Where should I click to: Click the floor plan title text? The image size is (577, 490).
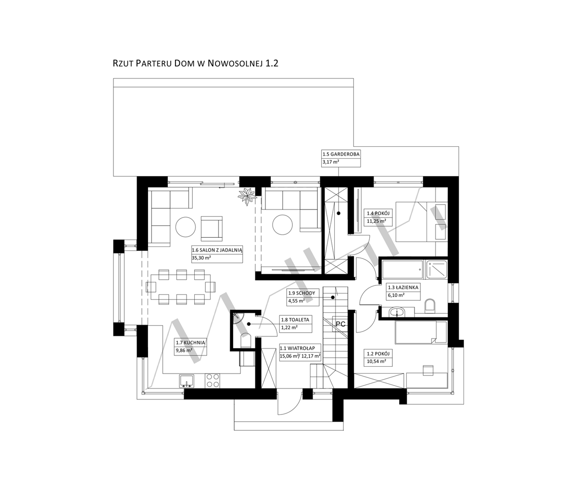click(x=195, y=64)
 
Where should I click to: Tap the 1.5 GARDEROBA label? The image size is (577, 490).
click(x=341, y=154)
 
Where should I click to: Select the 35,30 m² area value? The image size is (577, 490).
click(x=201, y=258)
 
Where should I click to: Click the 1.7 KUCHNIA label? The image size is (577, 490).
click(x=190, y=342)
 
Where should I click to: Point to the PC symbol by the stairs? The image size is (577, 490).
click(x=340, y=324)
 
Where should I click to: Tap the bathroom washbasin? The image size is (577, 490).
click(x=398, y=312)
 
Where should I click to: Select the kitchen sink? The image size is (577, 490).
click(x=187, y=381)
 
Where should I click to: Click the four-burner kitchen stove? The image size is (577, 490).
click(x=213, y=381)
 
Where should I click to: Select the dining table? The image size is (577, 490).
click(x=180, y=287)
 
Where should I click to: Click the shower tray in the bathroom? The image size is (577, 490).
click(x=437, y=270)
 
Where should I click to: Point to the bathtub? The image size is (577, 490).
click(x=403, y=270)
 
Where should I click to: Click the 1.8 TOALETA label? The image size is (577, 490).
click(x=295, y=320)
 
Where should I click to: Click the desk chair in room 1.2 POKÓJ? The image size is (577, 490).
click(x=428, y=370)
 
